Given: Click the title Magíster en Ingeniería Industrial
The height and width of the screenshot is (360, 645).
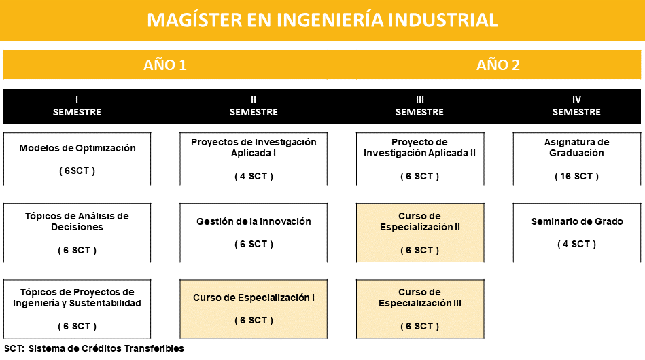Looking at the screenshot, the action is pyautogui.click(x=322, y=20).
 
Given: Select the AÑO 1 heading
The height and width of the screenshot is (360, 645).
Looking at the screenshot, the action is pyautogui.click(x=165, y=65).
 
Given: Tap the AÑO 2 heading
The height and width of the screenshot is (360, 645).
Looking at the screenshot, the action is pyautogui.click(x=498, y=65).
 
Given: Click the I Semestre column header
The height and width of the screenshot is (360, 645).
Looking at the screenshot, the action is pyautogui.click(x=77, y=106).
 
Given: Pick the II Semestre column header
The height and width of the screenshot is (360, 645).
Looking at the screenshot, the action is pyautogui.click(x=254, y=106).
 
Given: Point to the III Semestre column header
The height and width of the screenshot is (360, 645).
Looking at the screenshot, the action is pyautogui.click(x=419, y=106).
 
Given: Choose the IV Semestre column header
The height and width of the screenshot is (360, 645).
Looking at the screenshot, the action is pyautogui.click(x=576, y=106).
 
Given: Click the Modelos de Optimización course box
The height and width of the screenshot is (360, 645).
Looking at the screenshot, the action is pyautogui.click(x=77, y=159).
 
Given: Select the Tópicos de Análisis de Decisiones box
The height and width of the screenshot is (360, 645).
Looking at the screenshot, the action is pyautogui.click(x=77, y=232).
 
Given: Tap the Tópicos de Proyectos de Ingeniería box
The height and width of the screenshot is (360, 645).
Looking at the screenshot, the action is pyautogui.click(x=77, y=309).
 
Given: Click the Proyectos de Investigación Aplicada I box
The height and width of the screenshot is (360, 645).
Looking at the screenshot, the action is pyautogui.click(x=254, y=159).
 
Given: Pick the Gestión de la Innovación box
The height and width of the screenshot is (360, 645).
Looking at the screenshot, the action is pyautogui.click(x=254, y=232).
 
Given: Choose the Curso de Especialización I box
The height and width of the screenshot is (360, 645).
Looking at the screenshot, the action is pyautogui.click(x=254, y=309).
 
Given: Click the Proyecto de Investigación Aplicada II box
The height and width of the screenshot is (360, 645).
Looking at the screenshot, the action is pyautogui.click(x=420, y=159).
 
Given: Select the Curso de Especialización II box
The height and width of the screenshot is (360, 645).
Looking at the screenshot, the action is pyautogui.click(x=420, y=232).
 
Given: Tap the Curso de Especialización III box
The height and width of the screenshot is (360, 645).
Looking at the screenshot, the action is pyautogui.click(x=420, y=309).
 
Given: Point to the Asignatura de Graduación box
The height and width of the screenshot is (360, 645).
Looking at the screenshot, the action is pyautogui.click(x=577, y=159).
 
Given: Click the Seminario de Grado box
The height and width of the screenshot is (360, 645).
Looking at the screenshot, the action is pyautogui.click(x=577, y=232).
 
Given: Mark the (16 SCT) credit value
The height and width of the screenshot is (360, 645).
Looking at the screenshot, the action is pyautogui.click(x=576, y=177).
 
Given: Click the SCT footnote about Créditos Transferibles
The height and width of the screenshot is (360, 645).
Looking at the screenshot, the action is pyautogui.click(x=94, y=348).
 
